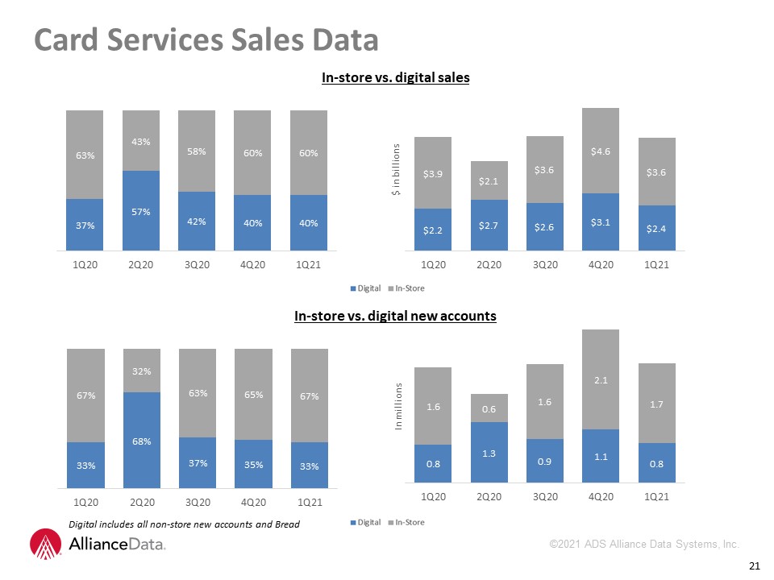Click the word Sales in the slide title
[268, 39]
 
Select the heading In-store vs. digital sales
[395, 77]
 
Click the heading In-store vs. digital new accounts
[395, 316]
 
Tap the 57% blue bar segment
[141, 210]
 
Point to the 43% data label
[140, 142]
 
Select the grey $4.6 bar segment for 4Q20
[601, 151]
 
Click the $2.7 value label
[489, 226]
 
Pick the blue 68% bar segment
[142, 440]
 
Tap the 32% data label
[142, 371]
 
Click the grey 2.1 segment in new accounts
[601, 379]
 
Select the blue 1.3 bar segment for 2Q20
[489, 452]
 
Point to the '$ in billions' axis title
[395, 170]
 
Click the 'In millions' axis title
[398, 406]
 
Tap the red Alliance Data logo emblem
[45, 544]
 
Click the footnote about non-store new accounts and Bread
[184, 524]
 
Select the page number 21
[755, 565]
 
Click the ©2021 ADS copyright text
[644, 544]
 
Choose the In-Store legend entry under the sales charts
[406, 288]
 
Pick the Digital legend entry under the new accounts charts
[366, 522]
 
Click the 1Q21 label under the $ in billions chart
[656, 264]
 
